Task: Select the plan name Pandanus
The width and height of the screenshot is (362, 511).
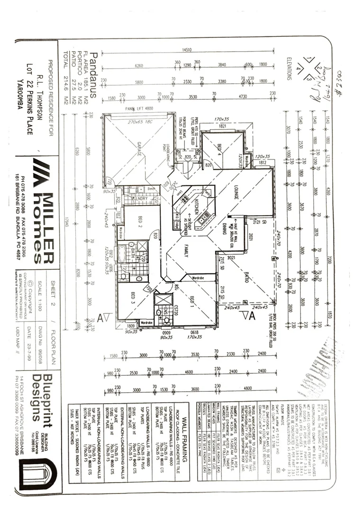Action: coord(93,75)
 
